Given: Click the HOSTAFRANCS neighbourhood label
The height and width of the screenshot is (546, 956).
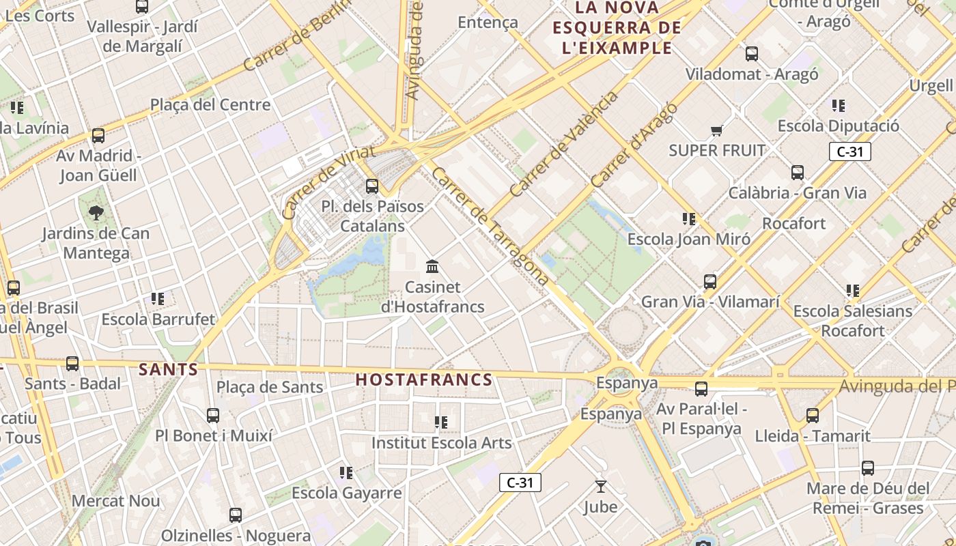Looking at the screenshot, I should click(423, 380).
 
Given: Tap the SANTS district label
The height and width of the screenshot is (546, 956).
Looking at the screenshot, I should click(168, 370).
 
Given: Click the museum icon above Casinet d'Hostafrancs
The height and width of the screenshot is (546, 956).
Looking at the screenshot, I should click(432, 266).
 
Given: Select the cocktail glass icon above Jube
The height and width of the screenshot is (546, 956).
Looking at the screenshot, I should click(600, 487).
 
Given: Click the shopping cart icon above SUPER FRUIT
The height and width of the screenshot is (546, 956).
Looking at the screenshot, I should click(716, 130).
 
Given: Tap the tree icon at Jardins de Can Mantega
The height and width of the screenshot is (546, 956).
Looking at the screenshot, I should click(96, 213).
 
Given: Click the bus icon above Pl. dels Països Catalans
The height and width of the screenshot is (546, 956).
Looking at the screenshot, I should click(372, 186).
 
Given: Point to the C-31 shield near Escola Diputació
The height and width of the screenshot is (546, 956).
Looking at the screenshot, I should click(849, 152).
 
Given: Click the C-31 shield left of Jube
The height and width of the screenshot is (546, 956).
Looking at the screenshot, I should click(520, 483).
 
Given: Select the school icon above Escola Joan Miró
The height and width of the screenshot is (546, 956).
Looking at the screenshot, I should click(689, 219).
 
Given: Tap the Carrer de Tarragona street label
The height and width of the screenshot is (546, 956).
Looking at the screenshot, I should click(490, 227).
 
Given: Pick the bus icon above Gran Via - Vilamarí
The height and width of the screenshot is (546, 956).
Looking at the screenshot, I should click(710, 281).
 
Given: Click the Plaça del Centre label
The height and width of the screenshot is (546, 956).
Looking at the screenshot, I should click(210, 105).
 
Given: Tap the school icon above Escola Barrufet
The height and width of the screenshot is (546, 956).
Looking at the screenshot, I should click(158, 299).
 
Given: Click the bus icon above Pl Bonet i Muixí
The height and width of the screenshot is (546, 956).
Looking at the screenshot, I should click(213, 415).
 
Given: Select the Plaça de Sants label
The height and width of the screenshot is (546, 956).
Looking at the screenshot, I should click(270, 388).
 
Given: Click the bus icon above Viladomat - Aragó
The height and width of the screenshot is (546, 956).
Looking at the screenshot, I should click(752, 53).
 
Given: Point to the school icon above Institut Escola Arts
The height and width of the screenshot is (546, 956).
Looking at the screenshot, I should click(441, 422).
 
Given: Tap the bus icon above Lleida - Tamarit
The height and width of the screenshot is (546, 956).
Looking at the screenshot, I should click(812, 415).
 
